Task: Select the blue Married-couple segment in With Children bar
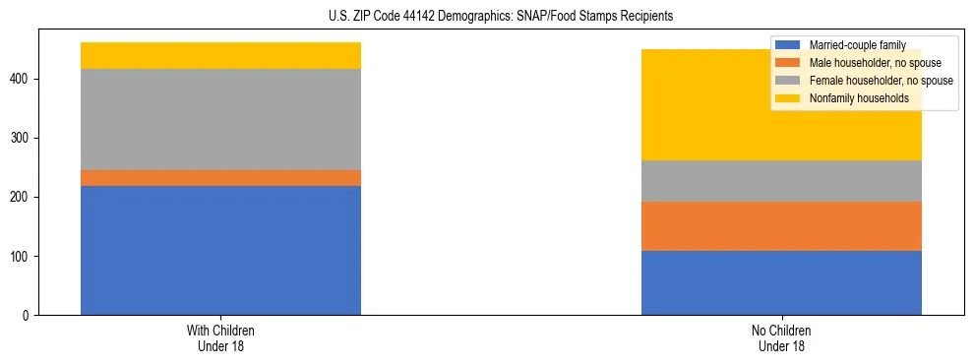click(220, 250)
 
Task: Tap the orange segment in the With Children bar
click(220, 178)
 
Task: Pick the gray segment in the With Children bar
click(220, 119)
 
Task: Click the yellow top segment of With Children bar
click(220, 55)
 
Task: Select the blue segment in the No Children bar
click(781, 282)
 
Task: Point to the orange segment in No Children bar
click(781, 226)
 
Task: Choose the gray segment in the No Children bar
click(781, 181)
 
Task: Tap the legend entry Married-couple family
click(856, 45)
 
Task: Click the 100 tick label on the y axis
click(27, 257)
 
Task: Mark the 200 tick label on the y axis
click(27, 198)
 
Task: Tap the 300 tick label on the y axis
click(27, 139)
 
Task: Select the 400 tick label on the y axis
click(27, 80)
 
